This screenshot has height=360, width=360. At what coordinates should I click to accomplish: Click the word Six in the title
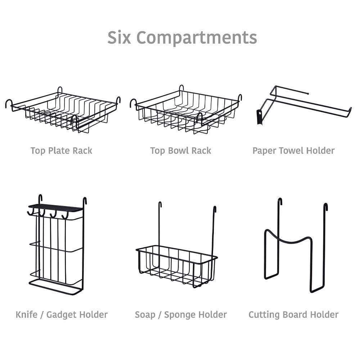(120, 37)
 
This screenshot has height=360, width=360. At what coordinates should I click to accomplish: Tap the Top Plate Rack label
(61, 150)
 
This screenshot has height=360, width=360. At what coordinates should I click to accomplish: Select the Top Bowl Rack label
(181, 150)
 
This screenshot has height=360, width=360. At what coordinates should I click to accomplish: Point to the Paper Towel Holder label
(293, 150)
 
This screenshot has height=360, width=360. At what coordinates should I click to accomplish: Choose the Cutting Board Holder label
(293, 315)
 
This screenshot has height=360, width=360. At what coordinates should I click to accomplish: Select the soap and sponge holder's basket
(176, 265)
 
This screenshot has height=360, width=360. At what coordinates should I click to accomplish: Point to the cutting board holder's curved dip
(288, 239)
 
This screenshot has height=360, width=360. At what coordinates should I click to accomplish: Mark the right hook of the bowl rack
(239, 97)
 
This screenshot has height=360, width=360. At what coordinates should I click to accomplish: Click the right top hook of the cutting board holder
(325, 207)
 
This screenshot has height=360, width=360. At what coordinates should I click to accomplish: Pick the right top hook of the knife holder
(85, 200)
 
